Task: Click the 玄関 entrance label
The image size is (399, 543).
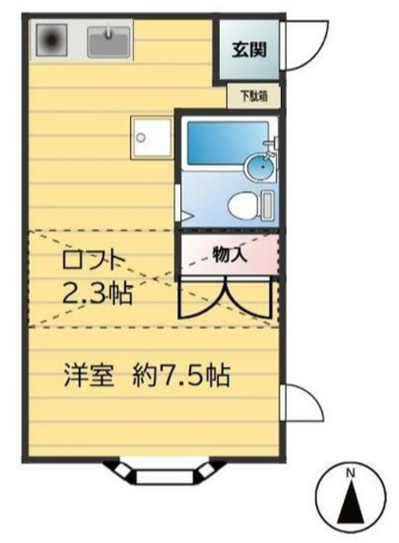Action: click(250, 48)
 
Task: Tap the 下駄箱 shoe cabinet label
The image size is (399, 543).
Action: click(252, 97)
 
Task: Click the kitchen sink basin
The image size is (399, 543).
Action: click(108, 39)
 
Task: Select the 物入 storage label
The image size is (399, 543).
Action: click(229, 253)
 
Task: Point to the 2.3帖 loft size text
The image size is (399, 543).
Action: click(97, 295)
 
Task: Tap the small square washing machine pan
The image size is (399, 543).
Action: click(150, 137)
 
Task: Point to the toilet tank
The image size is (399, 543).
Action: click(267, 204)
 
